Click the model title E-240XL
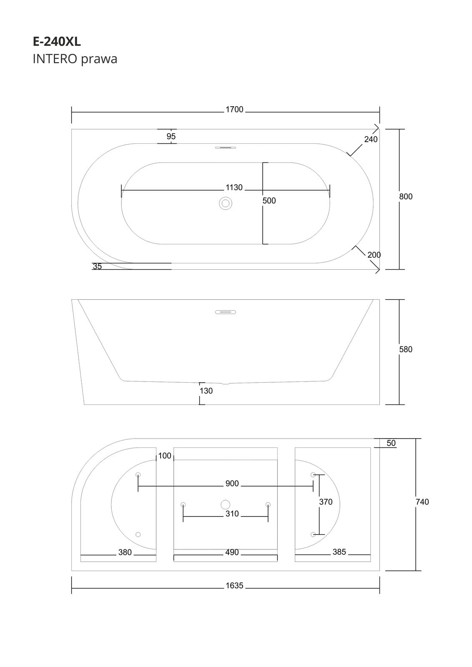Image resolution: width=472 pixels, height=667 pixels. coord(57,42)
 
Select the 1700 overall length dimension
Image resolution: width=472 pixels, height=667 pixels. coord(234,110)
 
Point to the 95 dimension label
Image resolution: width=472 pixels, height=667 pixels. coord(171,136)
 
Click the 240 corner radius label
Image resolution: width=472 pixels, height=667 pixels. coord(371,139)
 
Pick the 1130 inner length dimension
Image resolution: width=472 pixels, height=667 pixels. coord(234,188)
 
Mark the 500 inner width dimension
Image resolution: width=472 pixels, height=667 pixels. coord(269,201)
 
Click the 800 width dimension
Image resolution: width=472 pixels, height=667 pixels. coord(406,196)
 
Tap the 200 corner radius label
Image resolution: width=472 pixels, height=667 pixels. coord(374,255)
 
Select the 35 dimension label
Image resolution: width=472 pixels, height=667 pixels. coord(97,266)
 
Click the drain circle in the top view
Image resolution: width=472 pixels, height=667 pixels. coord(226,203)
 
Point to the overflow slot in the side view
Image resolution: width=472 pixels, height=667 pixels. coord(226,312)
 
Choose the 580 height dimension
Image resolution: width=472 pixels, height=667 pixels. coord(406,349)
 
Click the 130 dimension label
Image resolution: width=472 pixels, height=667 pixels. coord(206,391)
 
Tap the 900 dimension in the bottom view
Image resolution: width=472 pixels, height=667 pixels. coord(232,484)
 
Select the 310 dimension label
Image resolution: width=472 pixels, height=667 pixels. coord(232,514)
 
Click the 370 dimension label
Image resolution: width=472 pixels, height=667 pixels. coord(326,502)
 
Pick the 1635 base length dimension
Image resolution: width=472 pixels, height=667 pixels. coord(234,586)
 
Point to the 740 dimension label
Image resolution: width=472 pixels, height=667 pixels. coord(422,502)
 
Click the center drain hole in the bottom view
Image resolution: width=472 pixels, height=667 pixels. coord(225,504)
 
